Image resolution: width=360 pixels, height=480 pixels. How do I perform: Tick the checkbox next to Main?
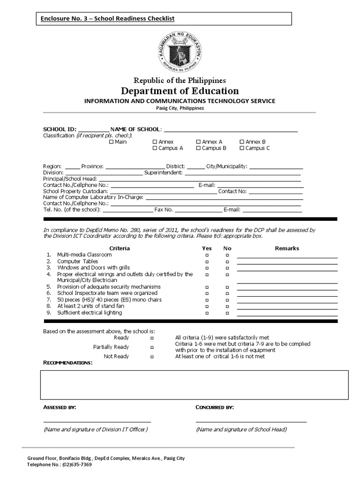[111, 142]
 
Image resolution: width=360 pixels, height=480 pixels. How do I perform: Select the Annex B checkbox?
[242, 142]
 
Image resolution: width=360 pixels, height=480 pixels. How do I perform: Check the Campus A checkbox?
[155, 148]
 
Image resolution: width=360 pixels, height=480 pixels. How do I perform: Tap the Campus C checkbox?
[242, 148]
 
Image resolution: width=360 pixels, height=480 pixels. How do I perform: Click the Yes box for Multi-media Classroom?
[207, 255]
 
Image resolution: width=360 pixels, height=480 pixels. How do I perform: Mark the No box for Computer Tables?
[227, 261]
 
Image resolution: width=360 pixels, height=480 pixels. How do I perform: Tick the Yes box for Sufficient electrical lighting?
[207, 313]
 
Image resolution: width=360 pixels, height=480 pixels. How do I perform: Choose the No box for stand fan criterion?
[227, 306]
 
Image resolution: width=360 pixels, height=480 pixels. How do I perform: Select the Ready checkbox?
[152, 338]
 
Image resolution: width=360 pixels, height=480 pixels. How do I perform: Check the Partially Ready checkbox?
[152, 347]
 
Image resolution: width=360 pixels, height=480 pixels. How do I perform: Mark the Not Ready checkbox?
[152, 357]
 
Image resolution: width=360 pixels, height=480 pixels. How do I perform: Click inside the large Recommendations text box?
[195, 384]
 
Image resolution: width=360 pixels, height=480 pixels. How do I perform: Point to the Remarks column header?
[286, 248]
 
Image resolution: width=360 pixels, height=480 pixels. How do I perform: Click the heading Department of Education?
[180, 91]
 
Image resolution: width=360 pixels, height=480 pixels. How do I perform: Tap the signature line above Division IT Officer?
[97, 421]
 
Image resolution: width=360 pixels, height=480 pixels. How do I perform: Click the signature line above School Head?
[251, 421]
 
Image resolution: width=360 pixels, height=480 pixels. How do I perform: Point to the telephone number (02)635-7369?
[75, 465]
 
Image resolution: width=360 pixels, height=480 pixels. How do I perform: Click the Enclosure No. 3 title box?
[164, 18]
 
